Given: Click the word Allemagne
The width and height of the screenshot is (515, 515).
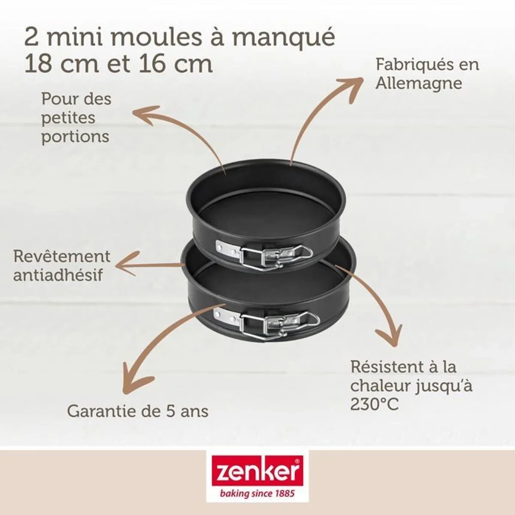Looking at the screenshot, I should click(x=418, y=83).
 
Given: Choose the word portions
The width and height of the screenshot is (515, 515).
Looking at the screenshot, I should click(x=75, y=137).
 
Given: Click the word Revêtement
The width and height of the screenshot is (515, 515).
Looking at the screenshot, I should click(x=62, y=256).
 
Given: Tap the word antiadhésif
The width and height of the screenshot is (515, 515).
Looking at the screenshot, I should click(x=58, y=275).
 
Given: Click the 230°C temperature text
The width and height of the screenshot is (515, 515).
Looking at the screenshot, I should click(x=375, y=404).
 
